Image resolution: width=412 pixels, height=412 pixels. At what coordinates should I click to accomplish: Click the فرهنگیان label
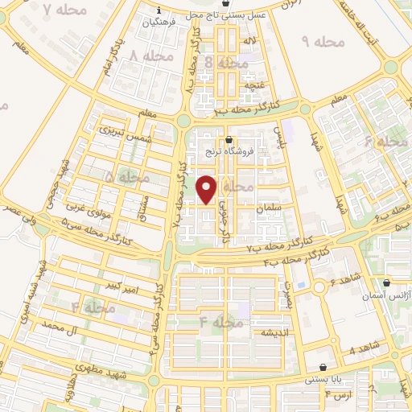159,23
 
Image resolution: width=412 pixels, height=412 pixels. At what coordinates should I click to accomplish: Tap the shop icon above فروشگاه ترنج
230,139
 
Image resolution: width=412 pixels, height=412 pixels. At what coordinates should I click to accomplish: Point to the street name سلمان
268,208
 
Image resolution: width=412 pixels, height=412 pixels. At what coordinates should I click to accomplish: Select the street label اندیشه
274,332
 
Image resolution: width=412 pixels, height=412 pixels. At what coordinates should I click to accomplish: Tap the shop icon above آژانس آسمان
388,283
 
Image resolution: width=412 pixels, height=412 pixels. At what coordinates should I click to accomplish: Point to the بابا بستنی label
323,377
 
